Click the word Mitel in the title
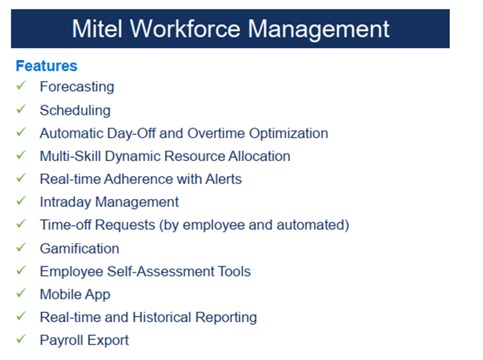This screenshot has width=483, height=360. click(x=97, y=29)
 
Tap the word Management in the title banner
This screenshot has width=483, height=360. click(x=319, y=29)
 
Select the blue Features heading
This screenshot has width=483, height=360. click(x=46, y=66)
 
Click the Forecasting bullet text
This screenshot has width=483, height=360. click(x=76, y=87)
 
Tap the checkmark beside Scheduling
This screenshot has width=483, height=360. click(x=21, y=109)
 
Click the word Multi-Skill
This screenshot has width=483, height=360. click(x=72, y=156)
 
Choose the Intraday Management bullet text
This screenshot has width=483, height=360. click(x=109, y=202)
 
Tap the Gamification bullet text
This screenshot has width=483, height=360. click(x=79, y=248)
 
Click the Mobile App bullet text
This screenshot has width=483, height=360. click(x=74, y=295)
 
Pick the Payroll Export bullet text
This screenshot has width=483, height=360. click(x=84, y=340)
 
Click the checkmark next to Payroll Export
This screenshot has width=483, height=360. click(x=21, y=339)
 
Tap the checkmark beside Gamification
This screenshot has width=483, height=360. click(x=21, y=248)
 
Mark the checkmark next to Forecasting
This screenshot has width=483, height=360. click(x=21, y=86)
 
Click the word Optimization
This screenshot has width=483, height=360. click(x=289, y=133)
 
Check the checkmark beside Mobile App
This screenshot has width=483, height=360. click(x=21, y=294)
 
